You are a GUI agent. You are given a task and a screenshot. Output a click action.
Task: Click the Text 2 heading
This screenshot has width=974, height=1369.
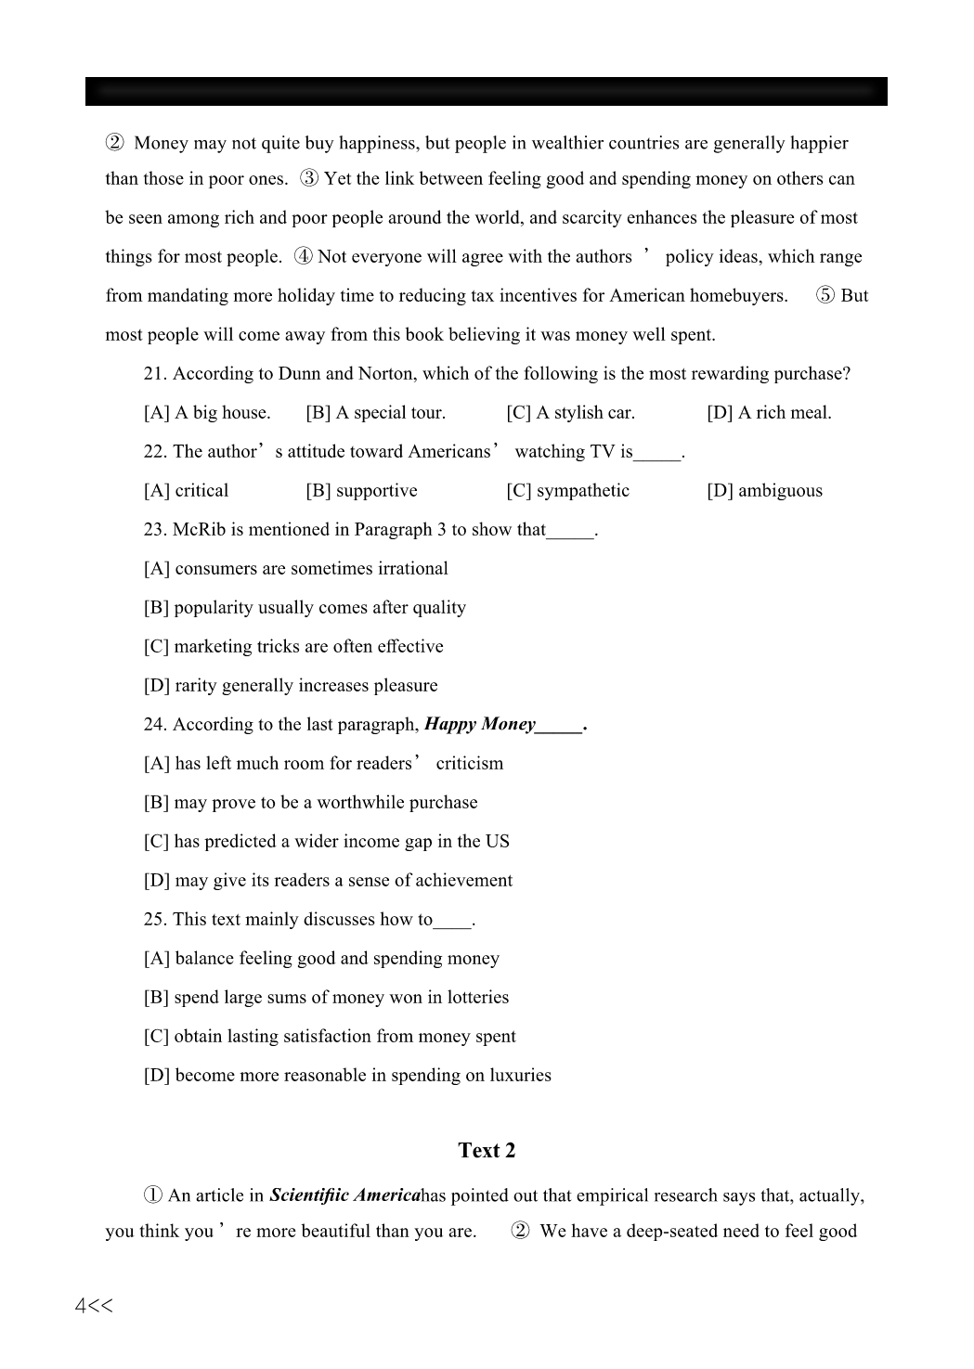[x=487, y=1151]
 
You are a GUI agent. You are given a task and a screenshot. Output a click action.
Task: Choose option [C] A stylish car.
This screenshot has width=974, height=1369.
[x=570, y=413]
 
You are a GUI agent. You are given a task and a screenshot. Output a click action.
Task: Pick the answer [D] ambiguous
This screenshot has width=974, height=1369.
[x=764, y=491]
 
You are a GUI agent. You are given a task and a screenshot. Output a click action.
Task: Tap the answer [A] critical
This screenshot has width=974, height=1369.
[x=186, y=491]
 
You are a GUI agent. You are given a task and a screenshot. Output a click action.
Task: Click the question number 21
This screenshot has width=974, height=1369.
[x=155, y=374]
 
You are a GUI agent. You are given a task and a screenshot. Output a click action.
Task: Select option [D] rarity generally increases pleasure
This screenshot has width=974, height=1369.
[x=291, y=686]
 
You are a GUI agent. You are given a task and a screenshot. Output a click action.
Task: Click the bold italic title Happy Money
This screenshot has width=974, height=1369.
[x=480, y=725]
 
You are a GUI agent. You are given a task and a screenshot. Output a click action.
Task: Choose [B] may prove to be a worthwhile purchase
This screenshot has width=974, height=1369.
[x=310, y=803]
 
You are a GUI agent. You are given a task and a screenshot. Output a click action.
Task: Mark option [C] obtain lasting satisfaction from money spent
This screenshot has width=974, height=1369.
[x=330, y=1037]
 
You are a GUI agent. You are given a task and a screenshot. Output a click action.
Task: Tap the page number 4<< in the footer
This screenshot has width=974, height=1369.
[x=94, y=1306]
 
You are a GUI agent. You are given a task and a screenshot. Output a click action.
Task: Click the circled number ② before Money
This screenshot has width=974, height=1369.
[x=114, y=143]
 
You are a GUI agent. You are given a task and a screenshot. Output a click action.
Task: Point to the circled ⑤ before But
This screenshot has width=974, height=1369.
[x=825, y=296]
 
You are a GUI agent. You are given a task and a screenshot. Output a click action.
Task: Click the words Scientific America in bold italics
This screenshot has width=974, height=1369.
[x=344, y=1195]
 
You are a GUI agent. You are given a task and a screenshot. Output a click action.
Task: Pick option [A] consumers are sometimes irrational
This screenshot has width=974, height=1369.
[x=295, y=569]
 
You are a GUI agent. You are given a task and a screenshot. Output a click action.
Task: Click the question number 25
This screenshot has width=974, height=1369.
[x=155, y=920]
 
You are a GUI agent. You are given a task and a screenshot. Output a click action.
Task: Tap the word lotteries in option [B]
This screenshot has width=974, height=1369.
[x=477, y=998]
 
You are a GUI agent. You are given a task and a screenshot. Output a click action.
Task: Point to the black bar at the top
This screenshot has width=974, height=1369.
[x=487, y=91]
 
